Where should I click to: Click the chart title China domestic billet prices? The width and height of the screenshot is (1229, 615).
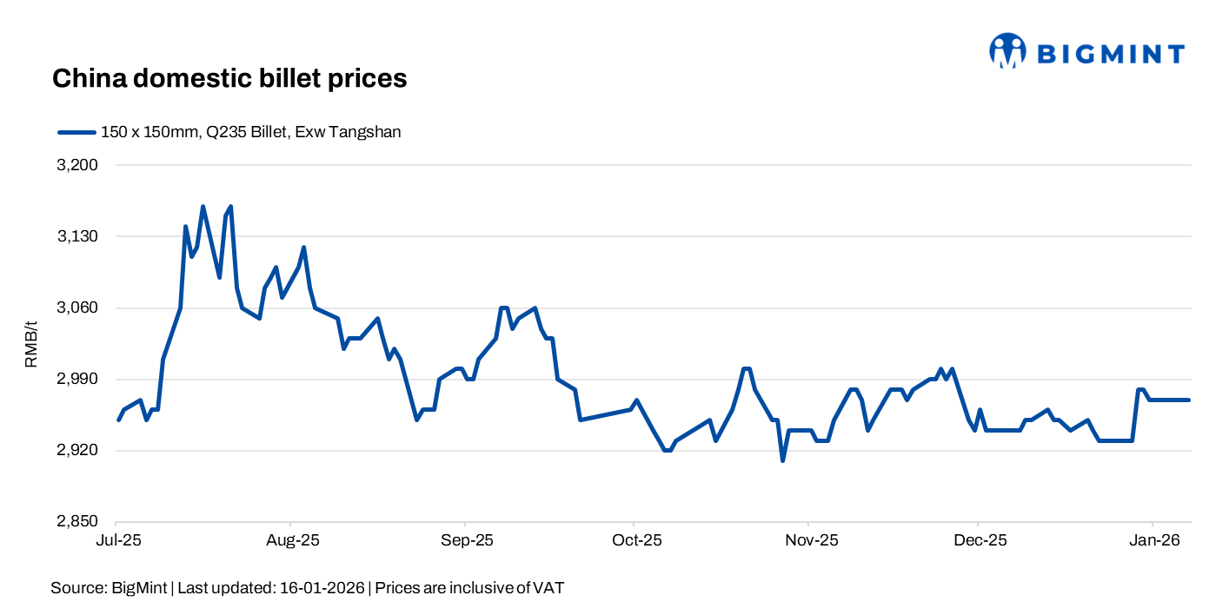click(229, 78)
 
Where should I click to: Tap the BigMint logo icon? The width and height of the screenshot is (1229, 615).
click(1006, 51)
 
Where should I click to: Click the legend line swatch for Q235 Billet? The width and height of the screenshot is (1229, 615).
click(76, 133)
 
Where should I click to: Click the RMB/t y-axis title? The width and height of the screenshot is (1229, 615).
click(32, 343)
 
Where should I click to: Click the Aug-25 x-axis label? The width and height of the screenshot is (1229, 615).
click(291, 540)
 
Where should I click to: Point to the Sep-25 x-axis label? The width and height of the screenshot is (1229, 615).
click(466, 540)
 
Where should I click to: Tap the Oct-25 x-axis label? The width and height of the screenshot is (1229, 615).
click(635, 540)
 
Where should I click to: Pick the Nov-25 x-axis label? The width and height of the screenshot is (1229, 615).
click(810, 540)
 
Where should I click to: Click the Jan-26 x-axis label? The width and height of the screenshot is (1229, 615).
click(1153, 540)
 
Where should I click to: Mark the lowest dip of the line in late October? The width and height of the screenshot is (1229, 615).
click(782, 460)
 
